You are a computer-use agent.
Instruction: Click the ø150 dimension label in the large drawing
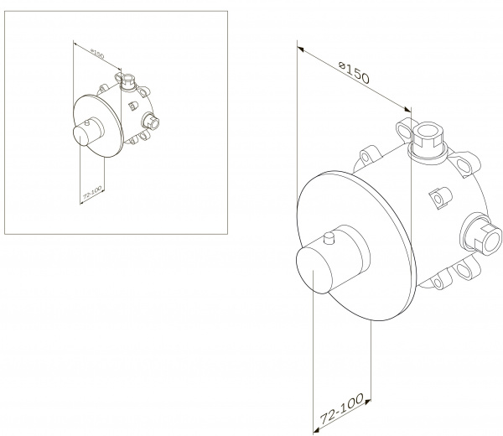click(355, 73)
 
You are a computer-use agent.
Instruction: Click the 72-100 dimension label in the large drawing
click(342, 408)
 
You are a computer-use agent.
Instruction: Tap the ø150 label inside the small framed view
click(97, 54)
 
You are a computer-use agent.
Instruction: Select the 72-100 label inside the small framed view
click(91, 194)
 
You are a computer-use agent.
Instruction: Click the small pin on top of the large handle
click(329, 238)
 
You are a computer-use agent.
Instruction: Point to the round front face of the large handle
click(314, 271)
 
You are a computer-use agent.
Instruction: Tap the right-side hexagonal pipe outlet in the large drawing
click(481, 234)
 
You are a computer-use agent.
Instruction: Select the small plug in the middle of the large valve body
click(441, 198)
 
